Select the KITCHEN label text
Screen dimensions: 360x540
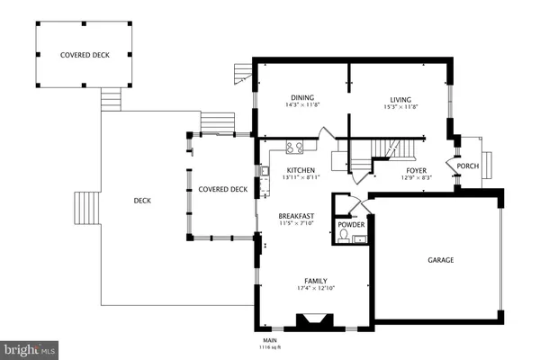pos(301,169)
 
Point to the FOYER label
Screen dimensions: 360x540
pos(416,169)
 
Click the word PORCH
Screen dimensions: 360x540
pos(467,166)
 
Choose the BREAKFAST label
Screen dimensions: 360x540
pos(296,216)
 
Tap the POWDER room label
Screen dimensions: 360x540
pos(349,224)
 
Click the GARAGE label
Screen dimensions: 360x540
pos(440,260)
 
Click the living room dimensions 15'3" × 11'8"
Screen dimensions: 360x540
pos(400,106)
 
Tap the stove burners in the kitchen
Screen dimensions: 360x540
pos(293,148)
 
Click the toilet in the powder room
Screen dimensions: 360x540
pos(343,238)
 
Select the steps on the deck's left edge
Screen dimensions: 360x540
pos(86,207)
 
